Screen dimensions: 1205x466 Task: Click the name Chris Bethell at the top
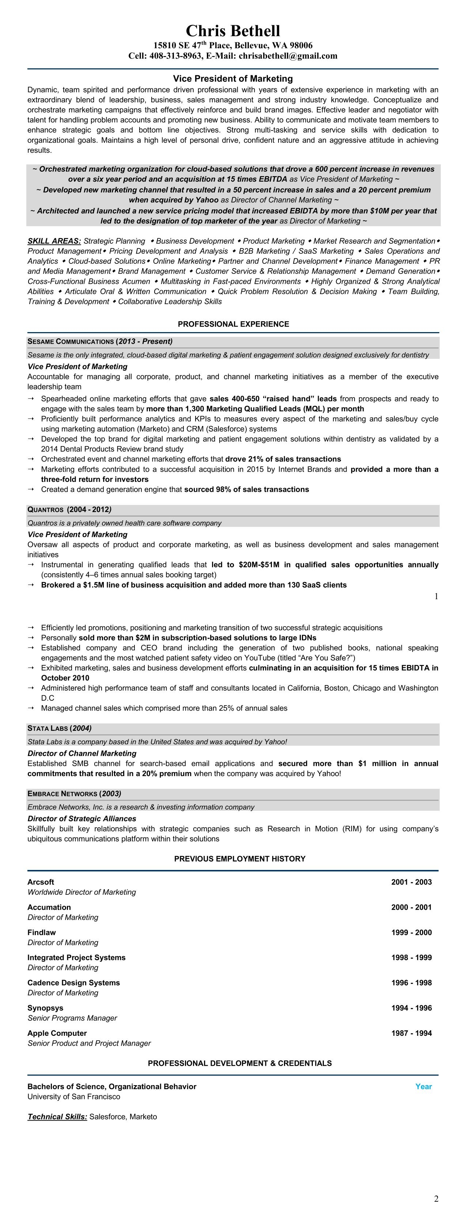click(x=233, y=31)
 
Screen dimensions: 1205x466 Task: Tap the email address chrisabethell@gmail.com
click(x=288, y=56)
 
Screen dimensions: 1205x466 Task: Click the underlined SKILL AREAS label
click(x=54, y=241)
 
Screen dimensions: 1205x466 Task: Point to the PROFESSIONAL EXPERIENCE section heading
click(x=233, y=324)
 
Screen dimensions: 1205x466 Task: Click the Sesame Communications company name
click(x=71, y=342)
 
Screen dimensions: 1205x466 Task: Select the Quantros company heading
click(x=45, y=509)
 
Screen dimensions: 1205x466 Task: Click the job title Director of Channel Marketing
click(x=82, y=754)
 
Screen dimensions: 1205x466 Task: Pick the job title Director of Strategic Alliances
click(x=82, y=818)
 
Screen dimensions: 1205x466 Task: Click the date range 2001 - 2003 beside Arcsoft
click(x=411, y=882)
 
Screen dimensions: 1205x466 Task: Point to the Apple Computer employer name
click(x=57, y=1033)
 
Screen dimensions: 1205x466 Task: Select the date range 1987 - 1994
click(x=411, y=1033)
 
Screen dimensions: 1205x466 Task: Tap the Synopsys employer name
click(x=45, y=1008)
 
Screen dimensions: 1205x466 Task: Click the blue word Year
click(x=424, y=1086)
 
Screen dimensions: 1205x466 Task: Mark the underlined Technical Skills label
click(x=57, y=1117)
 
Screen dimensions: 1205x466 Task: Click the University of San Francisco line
click(x=74, y=1096)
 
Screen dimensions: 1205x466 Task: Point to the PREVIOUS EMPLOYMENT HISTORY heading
click(x=239, y=859)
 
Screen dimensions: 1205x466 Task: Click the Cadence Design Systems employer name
click(x=73, y=983)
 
